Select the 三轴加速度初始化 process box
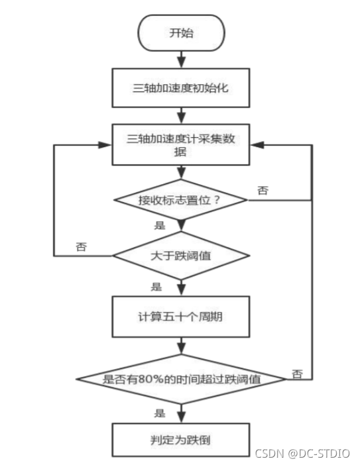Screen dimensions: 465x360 coord(181,87)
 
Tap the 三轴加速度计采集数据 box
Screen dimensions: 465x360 coord(181,144)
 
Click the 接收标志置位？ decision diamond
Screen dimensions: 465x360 coord(181,199)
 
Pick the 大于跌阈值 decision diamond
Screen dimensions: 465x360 coord(181,256)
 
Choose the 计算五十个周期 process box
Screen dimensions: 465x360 coord(181,317)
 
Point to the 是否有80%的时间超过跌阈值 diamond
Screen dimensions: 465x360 coord(181,379)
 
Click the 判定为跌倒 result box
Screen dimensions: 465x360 coord(181,439)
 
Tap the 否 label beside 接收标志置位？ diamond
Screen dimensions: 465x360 coord(263,191)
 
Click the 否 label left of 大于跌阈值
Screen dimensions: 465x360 coord(81,246)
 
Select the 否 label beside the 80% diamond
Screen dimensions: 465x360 coord(298,374)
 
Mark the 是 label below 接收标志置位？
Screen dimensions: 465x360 coord(159,225)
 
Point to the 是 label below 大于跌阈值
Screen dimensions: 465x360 coord(156,287)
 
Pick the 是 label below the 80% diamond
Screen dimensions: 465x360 coord(159,413)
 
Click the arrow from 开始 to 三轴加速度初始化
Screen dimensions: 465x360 coord(181,60)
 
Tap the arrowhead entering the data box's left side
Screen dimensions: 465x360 coord(106,144)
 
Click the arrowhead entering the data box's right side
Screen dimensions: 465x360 coord(256,144)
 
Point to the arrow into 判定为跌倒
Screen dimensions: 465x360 coord(181,415)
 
